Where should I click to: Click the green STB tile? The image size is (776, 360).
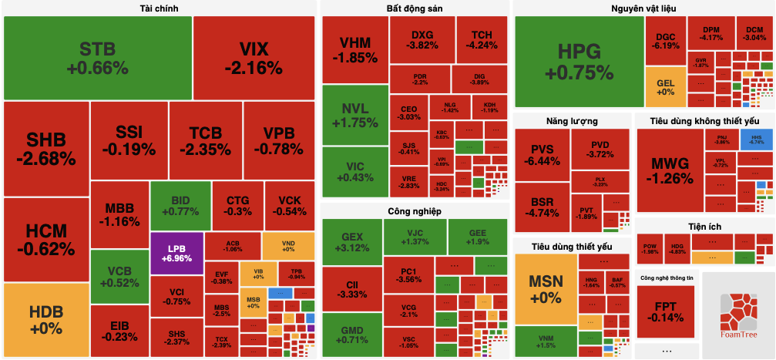click(97, 58)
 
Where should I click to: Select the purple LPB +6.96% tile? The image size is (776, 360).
click(176, 253)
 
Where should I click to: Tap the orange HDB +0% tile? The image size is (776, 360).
click(45, 320)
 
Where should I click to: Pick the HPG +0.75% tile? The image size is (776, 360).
click(578, 62)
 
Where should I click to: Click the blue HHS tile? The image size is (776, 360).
click(756, 140)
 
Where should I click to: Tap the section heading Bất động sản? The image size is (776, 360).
click(415, 8)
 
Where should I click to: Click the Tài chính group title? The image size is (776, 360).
click(160, 8)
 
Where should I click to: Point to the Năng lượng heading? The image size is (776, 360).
click(571, 120)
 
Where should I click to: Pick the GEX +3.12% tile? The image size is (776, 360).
click(352, 241)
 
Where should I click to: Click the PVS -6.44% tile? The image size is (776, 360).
click(542, 154)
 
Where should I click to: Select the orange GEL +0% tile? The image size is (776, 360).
click(665, 87)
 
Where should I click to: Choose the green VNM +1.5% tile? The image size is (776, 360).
click(546, 341)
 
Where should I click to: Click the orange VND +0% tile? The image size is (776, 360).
click(288, 245)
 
